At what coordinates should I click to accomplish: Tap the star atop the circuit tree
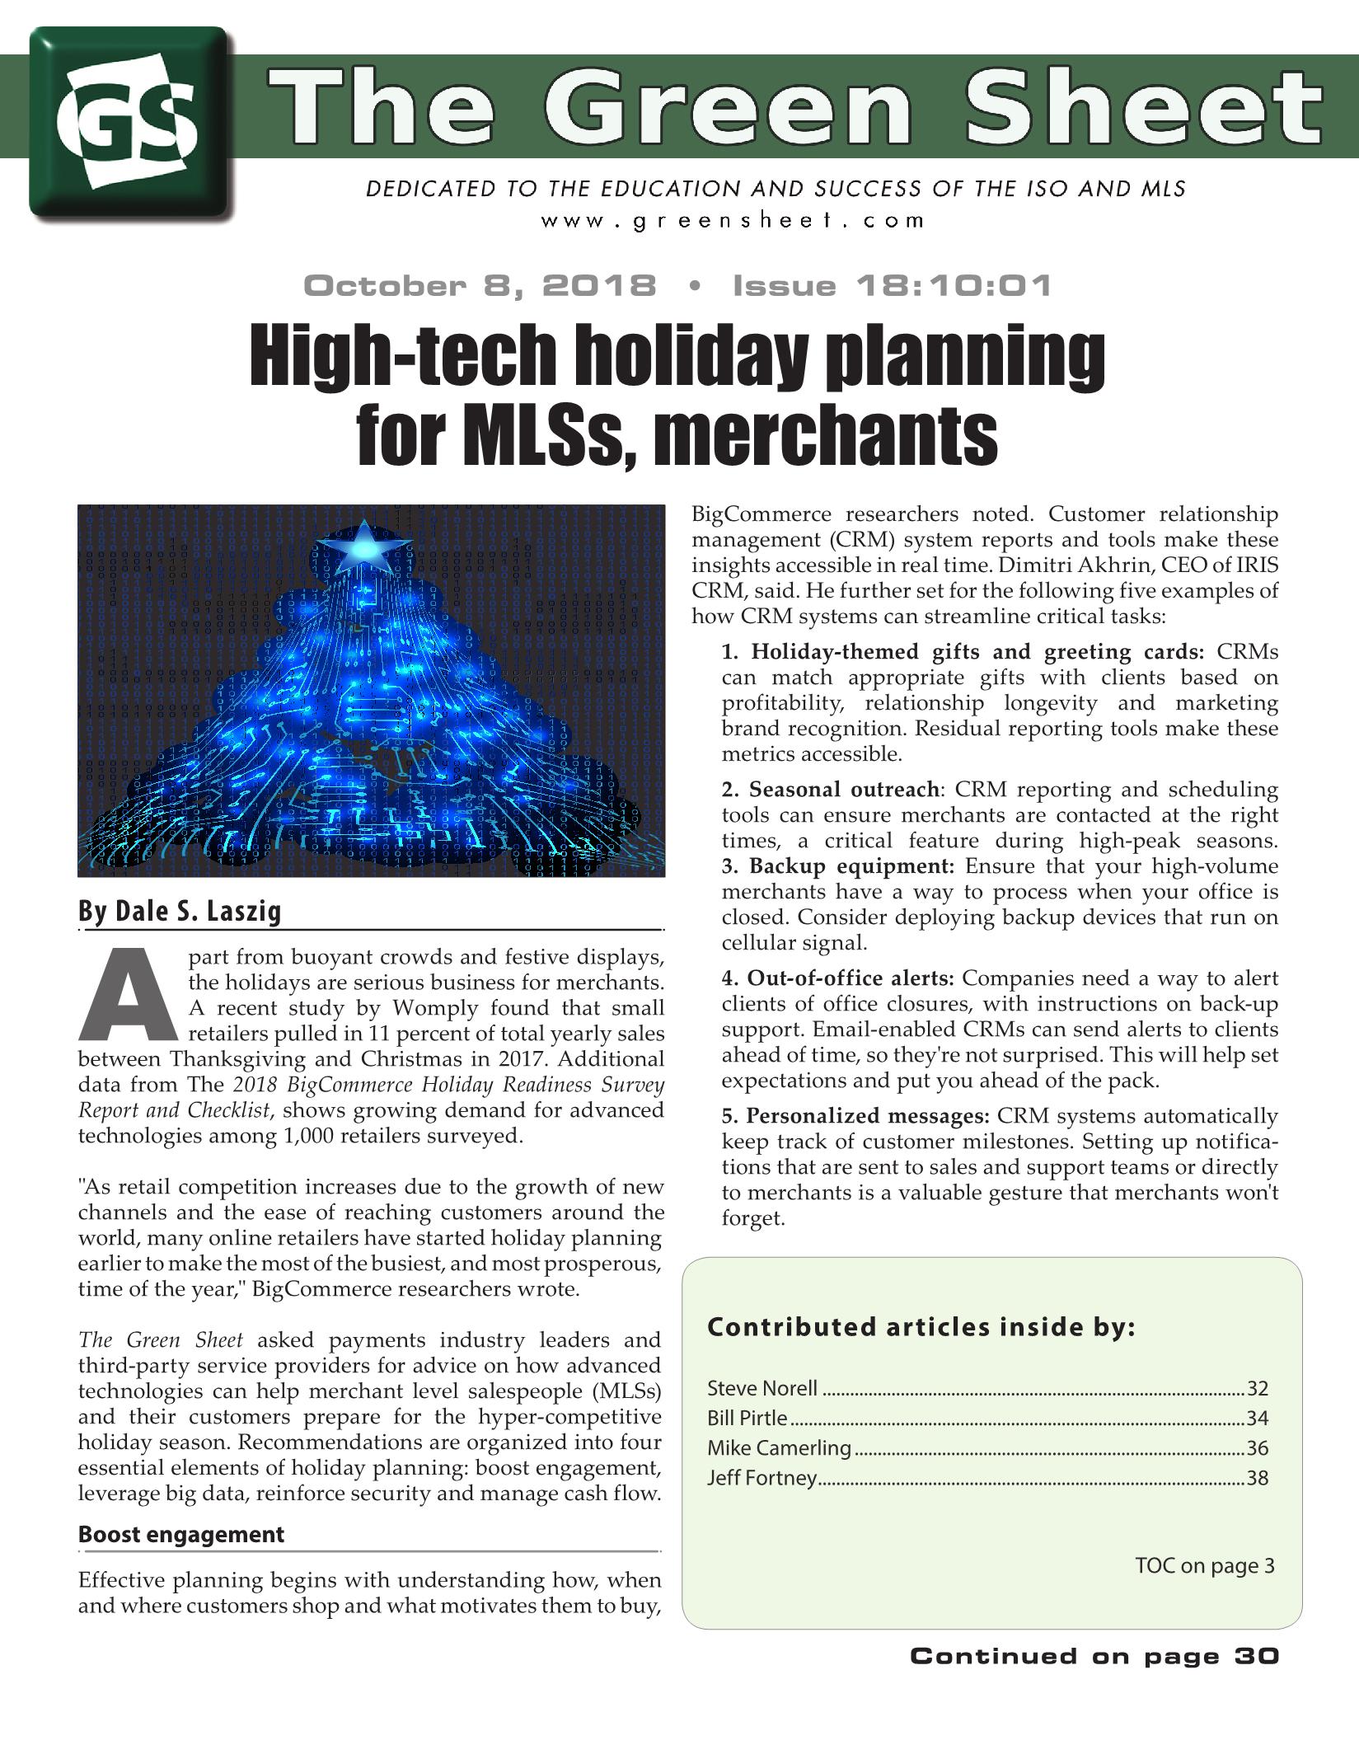363,546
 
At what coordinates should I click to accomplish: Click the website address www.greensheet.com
733,221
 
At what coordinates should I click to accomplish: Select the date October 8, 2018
480,286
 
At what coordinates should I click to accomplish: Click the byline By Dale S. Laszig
180,911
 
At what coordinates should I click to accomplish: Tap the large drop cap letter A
128,996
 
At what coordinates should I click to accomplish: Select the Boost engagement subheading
180,1535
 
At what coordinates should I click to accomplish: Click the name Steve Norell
762,1389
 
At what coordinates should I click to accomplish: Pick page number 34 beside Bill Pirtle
1257,1419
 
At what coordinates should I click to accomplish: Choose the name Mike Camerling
779,1448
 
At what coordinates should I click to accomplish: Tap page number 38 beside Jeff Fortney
1257,1478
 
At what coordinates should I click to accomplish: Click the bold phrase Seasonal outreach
843,790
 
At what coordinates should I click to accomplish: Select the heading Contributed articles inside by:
921,1328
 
